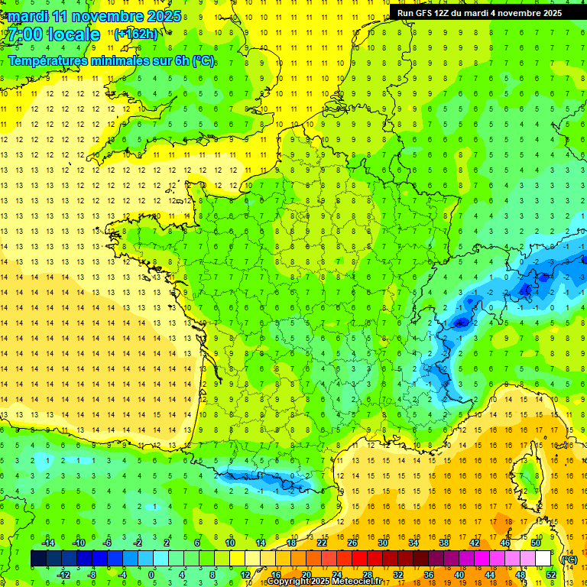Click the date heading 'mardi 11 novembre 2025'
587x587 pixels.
click(95, 16)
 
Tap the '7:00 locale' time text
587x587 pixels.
click(53, 34)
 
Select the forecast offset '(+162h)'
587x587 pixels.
click(135, 34)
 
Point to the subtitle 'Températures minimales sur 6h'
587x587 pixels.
click(112, 61)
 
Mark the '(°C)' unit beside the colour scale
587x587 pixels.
click(569, 559)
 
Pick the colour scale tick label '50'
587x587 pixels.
click(535, 542)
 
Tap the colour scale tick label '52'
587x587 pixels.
click(550, 575)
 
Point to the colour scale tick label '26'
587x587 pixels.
click(352, 542)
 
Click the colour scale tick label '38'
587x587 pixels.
click(444, 542)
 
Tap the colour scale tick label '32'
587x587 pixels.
click(398, 575)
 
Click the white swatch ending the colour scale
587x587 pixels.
click(543, 559)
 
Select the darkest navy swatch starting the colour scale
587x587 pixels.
click(38, 559)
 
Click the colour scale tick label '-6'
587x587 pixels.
click(109, 542)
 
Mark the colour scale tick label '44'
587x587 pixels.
click(490, 575)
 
